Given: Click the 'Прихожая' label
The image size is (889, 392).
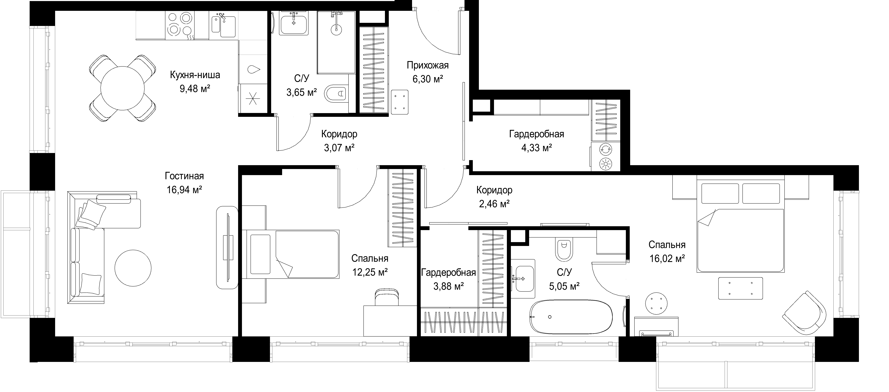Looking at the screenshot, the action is [428, 65].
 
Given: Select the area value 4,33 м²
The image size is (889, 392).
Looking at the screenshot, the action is [537, 148].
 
